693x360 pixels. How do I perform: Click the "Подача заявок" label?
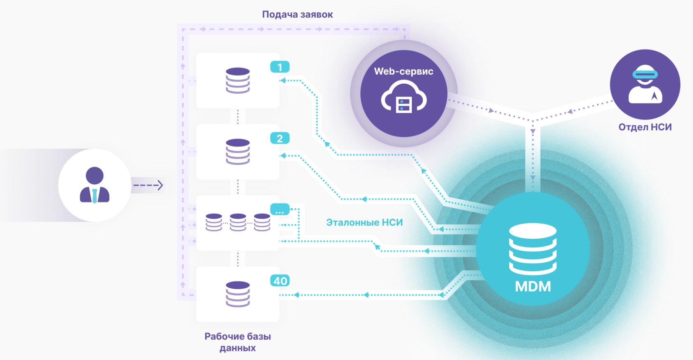(x=297, y=14)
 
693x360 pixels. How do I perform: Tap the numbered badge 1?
(x=280, y=67)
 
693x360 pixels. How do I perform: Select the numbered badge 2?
(x=280, y=138)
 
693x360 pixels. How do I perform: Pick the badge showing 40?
(x=280, y=281)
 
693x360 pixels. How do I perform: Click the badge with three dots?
(x=280, y=210)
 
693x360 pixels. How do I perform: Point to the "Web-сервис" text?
(x=404, y=71)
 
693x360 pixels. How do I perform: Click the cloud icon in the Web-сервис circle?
(x=404, y=97)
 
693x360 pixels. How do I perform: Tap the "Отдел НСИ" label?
(x=645, y=127)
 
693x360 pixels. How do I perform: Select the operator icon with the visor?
(x=645, y=85)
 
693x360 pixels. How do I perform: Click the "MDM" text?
(x=533, y=286)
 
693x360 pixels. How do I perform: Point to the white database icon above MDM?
(x=533, y=249)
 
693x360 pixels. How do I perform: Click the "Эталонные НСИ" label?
(x=364, y=223)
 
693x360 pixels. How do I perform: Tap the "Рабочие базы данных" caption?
(x=238, y=342)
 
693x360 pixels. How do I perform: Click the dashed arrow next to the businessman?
(x=148, y=185)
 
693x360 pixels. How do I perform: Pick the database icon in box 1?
(x=238, y=80)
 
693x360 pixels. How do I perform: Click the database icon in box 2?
(x=238, y=152)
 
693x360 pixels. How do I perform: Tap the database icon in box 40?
(x=238, y=294)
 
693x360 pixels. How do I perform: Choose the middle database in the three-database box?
(x=238, y=223)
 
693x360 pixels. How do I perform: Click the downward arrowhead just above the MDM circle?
(x=533, y=178)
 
